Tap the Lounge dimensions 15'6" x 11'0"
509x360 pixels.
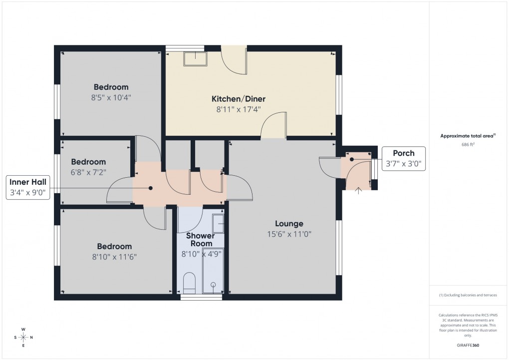click(x=289, y=234)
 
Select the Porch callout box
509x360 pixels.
click(x=403, y=159)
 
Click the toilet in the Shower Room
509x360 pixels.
click(x=189, y=282)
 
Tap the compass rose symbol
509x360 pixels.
click(x=23, y=337)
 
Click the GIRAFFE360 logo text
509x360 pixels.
click(x=468, y=345)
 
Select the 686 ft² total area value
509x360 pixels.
click(x=468, y=144)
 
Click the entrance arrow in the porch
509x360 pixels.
click(x=358, y=189)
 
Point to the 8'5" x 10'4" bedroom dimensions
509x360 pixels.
click(x=111, y=97)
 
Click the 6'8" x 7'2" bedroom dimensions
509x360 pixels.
click(x=88, y=172)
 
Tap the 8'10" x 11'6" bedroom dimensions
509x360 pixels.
click(x=114, y=257)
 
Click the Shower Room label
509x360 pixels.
click(x=201, y=240)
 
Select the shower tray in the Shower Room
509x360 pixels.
click(x=213, y=280)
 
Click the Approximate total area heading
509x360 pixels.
click(x=468, y=136)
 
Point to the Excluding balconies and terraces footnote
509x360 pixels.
click(x=468, y=295)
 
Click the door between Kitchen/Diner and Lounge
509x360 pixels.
click(x=274, y=126)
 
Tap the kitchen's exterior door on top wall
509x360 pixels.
click(x=234, y=60)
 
